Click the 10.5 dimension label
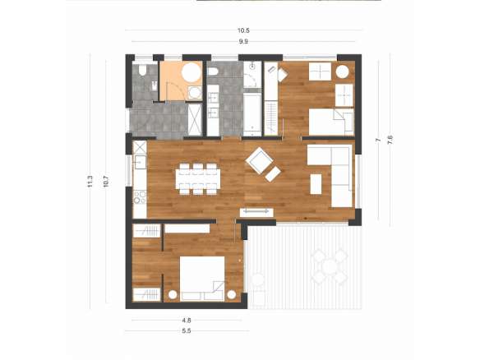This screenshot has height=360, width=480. pyautogui.click(x=243, y=30)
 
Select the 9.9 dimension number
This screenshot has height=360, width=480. pyautogui.click(x=243, y=41)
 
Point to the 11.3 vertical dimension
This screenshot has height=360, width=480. pyautogui.click(x=90, y=181)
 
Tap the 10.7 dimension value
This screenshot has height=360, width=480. pyautogui.click(x=106, y=181)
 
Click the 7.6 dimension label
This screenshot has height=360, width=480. pyautogui.click(x=390, y=140)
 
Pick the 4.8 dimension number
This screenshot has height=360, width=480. pyautogui.click(x=187, y=321)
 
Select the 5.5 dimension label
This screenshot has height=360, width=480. pyautogui.click(x=187, y=330)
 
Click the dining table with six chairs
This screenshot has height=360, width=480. pyautogui.click(x=198, y=179)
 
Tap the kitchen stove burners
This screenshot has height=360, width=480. pyautogui.click(x=140, y=197)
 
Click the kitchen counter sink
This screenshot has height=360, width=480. pyautogui.click(x=140, y=162)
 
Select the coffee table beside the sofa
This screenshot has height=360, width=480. pyautogui.click(x=316, y=184)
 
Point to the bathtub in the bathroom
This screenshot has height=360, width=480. pyautogui.click(x=252, y=114)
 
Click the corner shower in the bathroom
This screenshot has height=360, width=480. pyautogui.click(x=252, y=75)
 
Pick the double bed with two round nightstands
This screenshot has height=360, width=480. pyautogui.click(x=202, y=279)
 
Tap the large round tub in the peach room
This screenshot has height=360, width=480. pyautogui.click(x=192, y=72)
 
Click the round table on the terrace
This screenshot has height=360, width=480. pyautogui.click(x=329, y=266)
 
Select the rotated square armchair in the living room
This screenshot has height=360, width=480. pyautogui.click(x=259, y=160)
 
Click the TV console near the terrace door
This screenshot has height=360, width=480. pyautogui.click(x=256, y=212)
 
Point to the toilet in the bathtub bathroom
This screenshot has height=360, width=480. pyautogui.click(x=213, y=72)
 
